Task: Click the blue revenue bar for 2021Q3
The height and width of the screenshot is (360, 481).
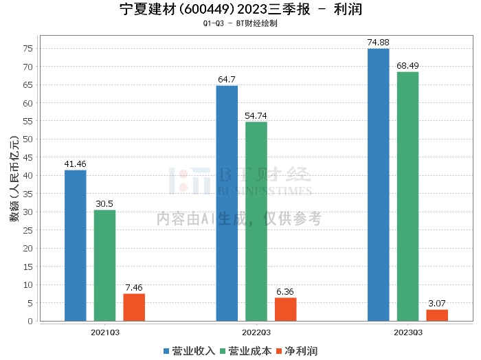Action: pyautogui.click(x=76, y=245)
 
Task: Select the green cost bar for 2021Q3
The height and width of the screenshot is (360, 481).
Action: pyautogui.click(x=105, y=265)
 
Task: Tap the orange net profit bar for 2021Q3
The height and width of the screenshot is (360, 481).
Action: pyautogui.click(x=134, y=307)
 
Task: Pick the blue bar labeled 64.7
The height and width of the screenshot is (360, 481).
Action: pyautogui.click(x=227, y=203)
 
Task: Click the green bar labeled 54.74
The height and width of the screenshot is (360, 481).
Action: pyautogui.click(x=256, y=221)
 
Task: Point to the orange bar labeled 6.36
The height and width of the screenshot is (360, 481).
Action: pyautogui.click(x=286, y=309)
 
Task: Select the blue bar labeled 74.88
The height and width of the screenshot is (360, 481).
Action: pyautogui.click(x=378, y=184)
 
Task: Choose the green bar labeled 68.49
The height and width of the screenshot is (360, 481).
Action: pyautogui.click(x=407, y=196)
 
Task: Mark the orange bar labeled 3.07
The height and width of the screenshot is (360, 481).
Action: pyautogui.click(x=437, y=315)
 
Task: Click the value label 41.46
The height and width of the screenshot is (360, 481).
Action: pyautogui.click(x=76, y=164)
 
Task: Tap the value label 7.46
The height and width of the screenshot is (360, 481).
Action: pyautogui.click(x=134, y=288)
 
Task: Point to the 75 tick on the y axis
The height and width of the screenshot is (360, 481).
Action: pyautogui.click(x=28, y=49)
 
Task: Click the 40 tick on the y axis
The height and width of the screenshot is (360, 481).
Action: pyautogui.click(x=28, y=176)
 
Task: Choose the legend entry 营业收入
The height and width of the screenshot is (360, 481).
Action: pyautogui.click(x=189, y=351)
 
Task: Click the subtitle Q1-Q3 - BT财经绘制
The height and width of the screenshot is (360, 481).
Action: pyautogui.click(x=240, y=23)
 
